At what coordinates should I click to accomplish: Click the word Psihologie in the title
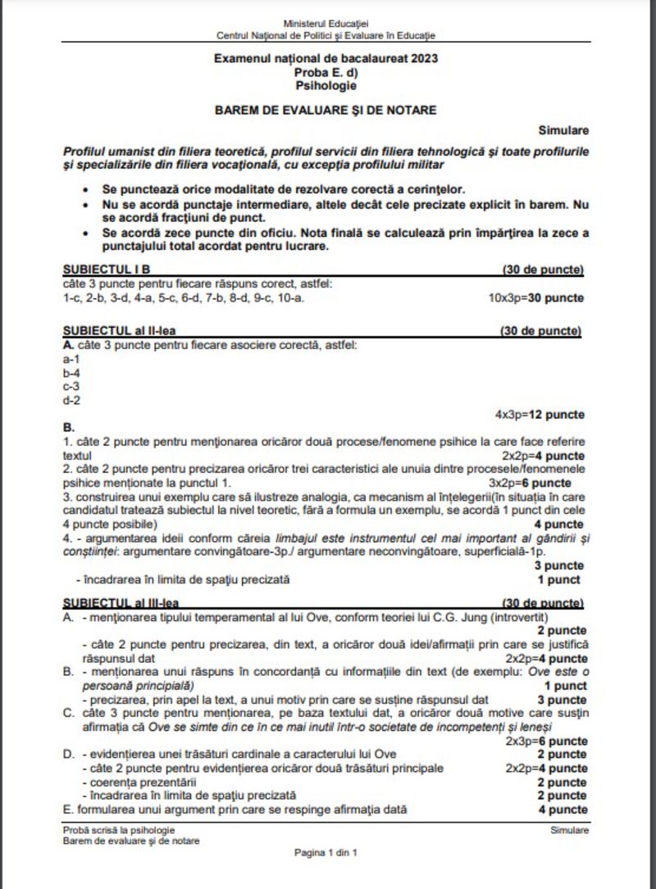pos(326,84)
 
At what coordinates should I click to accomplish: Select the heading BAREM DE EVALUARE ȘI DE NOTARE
pos(326,109)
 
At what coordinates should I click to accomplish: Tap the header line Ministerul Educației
pos(326,25)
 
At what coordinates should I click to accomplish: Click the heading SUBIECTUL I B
pos(106,269)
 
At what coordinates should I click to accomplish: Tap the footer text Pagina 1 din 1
pos(326,853)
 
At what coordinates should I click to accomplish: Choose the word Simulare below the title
pos(563,129)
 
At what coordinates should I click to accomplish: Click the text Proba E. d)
pos(326,71)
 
